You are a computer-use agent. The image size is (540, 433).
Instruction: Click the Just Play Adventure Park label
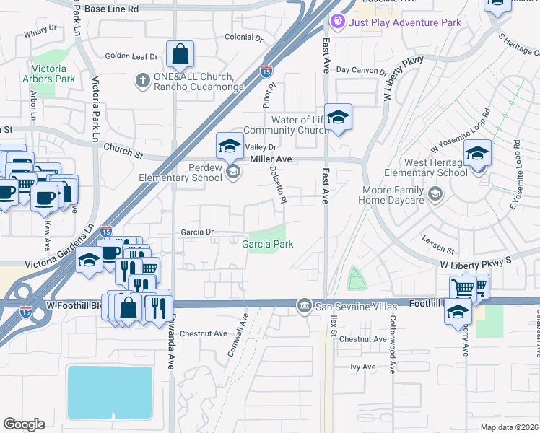coord(404,22)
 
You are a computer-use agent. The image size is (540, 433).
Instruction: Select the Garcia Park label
coord(267,244)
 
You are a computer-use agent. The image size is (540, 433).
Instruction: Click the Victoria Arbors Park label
coord(54,74)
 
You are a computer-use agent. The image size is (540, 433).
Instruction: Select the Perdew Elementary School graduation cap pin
coord(230,146)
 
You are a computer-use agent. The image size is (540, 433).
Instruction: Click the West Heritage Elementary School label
coord(426,167)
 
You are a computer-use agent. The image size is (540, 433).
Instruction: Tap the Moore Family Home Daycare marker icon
coord(435,193)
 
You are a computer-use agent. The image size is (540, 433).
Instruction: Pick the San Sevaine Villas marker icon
coord(305,307)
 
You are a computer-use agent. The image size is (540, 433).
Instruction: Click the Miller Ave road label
coord(271,159)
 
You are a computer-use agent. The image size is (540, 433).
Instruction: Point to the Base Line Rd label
coord(111,9)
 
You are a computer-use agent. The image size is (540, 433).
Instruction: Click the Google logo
coord(24,424)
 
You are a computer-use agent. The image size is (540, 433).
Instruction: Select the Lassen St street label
coord(438,246)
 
